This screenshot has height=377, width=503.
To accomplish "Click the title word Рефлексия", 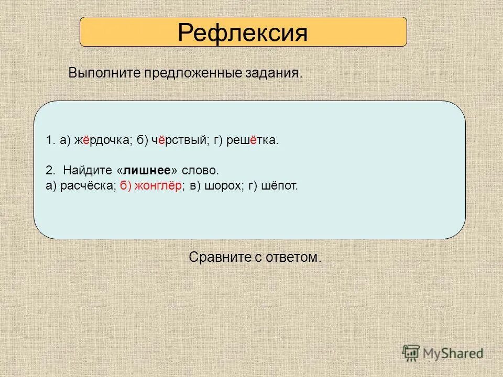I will [x=242, y=32].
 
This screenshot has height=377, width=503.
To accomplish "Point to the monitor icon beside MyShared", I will [x=411, y=353].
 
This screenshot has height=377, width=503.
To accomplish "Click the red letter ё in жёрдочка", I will [x=86, y=141].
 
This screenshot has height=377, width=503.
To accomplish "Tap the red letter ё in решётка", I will [x=254, y=141].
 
